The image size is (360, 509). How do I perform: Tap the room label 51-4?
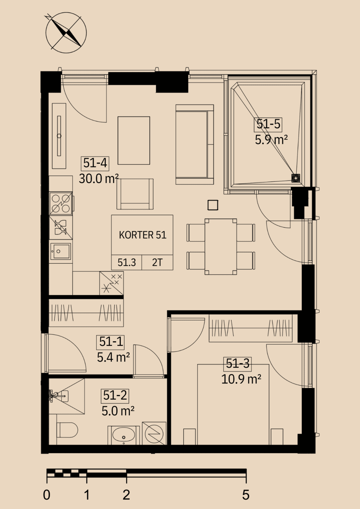click(x=95, y=163)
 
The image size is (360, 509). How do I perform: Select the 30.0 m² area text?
click(x=99, y=179)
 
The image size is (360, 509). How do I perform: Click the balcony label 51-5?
click(x=268, y=125)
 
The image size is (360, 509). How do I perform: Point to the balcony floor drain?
click(x=295, y=178)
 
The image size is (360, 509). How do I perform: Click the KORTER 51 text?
click(x=143, y=235)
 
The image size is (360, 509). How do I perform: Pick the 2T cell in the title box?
click(x=157, y=262)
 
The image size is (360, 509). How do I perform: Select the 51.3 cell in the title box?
click(x=127, y=262)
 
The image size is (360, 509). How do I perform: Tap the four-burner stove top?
click(x=61, y=203)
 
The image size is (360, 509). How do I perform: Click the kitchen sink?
click(x=60, y=251)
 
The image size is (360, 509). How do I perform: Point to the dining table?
click(x=220, y=247)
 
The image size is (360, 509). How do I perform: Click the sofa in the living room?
click(x=195, y=144)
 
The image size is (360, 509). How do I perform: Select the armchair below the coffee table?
click(x=135, y=194)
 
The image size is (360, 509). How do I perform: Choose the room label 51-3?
click(x=238, y=363)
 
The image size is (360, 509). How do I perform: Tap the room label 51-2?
click(x=115, y=395)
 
